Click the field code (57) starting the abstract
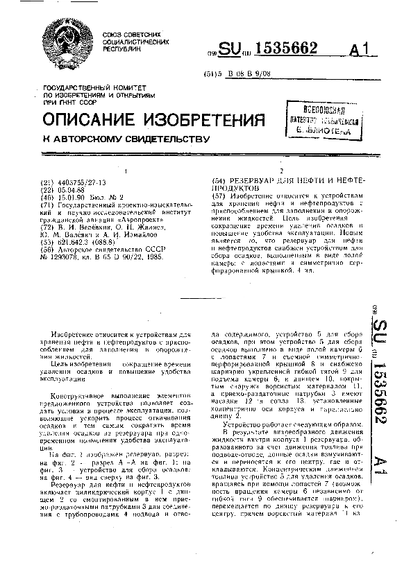(219, 198)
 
